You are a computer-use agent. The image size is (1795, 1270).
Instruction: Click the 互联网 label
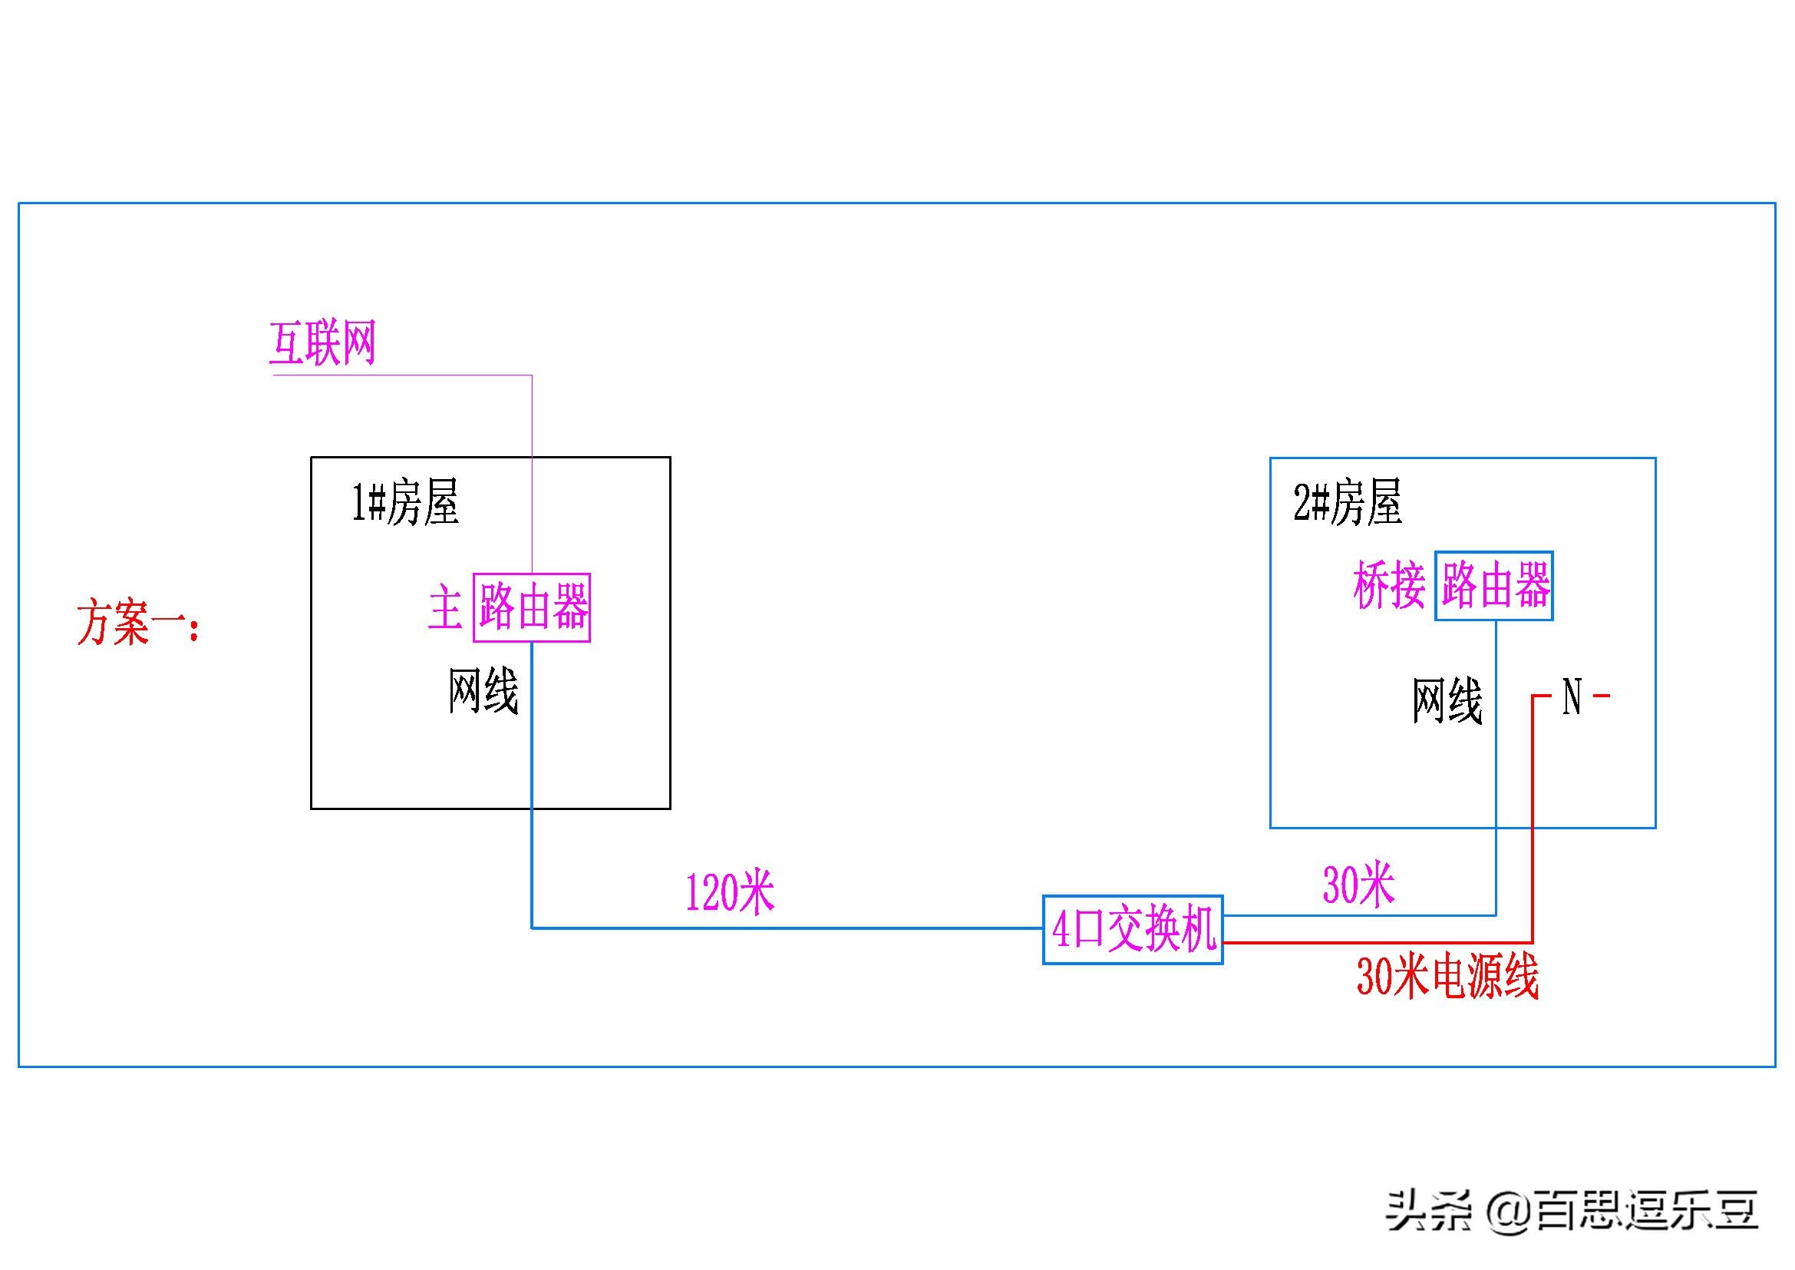pyautogui.click(x=322, y=343)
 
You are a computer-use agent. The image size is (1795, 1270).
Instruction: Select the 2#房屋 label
pyautogui.click(x=1348, y=502)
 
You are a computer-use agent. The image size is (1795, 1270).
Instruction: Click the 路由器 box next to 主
pyautogui.click(x=532, y=607)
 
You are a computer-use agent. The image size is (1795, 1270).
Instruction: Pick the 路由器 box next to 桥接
pyautogui.click(x=1494, y=586)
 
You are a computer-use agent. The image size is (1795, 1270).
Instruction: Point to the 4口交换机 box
pyautogui.click(x=1133, y=930)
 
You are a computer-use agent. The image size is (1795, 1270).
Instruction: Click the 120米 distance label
pyautogui.click(x=729, y=892)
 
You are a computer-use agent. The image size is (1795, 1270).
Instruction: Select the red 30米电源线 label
pyautogui.click(x=1447, y=977)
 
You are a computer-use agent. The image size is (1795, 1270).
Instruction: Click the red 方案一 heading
pyautogui.click(x=137, y=623)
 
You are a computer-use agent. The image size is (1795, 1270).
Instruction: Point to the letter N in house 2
pyautogui.click(x=1572, y=696)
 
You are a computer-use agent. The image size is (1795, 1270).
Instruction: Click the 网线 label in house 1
pyautogui.click(x=483, y=691)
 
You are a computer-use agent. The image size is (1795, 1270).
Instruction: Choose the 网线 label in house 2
pyautogui.click(x=1447, y=701)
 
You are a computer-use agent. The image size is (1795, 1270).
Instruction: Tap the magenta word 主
pyautogui.click(x=446, y=609)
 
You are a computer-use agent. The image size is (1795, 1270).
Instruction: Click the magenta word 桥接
pyautogui.click(x=1389, y=587)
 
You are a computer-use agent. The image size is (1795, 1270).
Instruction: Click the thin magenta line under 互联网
pyautogui.click(x=402, y=375)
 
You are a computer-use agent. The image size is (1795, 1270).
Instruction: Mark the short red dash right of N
pyautogui.click(x=1601, y=695)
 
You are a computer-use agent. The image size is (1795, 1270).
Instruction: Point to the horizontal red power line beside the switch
pyautogui.click(x=1376, y=942)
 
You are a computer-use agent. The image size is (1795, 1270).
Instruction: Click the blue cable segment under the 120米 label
pyautogui.click(x=782, y=928)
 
